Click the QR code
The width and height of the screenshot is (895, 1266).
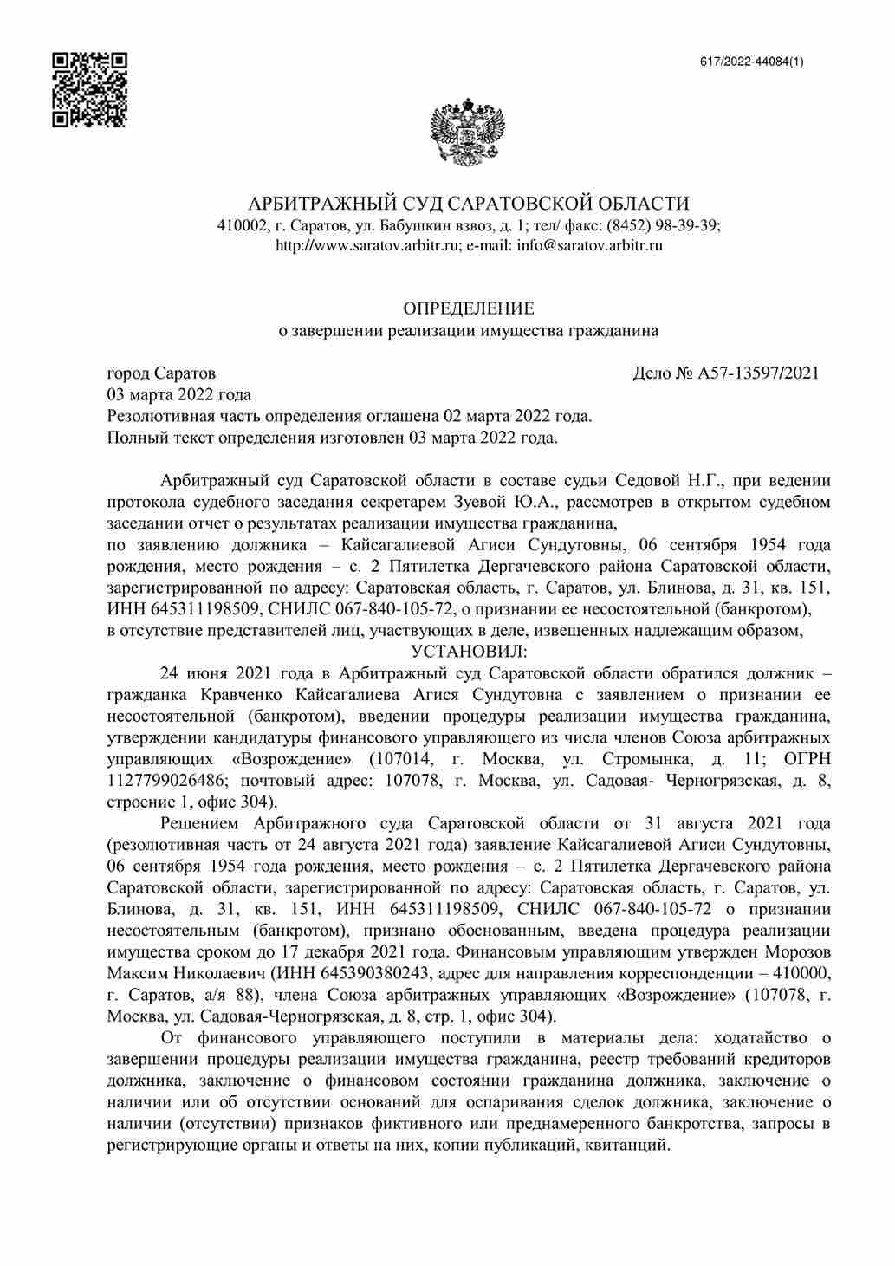[x=90, y=90]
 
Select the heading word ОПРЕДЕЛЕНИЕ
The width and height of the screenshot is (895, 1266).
[x=469, y=308]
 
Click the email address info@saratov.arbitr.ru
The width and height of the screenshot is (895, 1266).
[x=590, y=245]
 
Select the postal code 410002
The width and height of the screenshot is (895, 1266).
[x=241, y=224]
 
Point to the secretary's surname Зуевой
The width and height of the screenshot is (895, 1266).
[x=482, y=503]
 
